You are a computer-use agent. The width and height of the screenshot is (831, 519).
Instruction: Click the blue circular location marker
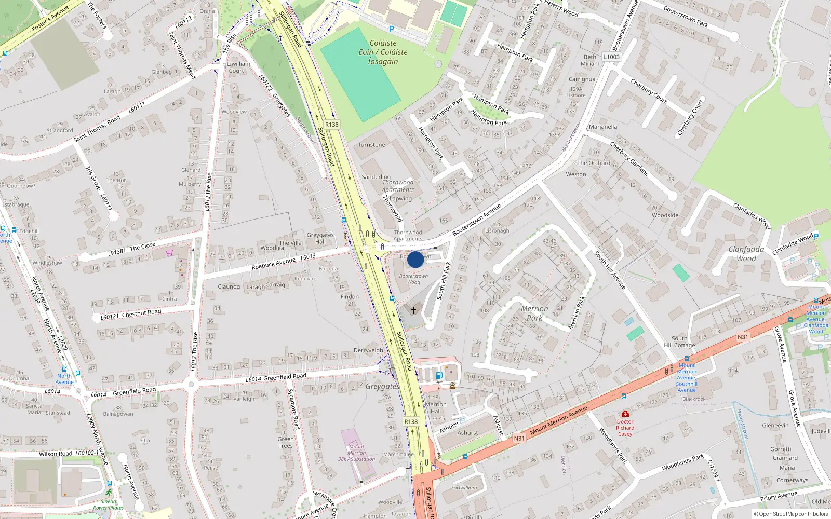click(415, 259)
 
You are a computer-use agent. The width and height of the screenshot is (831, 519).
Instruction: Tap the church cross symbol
click(413, 310)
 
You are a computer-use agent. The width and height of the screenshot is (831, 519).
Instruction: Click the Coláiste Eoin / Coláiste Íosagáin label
click(383, 52)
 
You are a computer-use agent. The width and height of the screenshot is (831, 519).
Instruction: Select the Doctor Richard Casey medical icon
click(625, 414)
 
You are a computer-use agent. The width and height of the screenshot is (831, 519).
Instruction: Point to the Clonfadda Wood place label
click(746, 254)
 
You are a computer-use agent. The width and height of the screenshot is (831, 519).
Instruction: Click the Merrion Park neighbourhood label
click(534, 313)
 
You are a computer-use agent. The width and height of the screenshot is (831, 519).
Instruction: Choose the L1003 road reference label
click(611, 57)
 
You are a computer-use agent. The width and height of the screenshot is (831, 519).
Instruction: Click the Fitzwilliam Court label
click(236, 67)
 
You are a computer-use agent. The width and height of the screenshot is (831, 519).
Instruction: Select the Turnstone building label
click(371, 145)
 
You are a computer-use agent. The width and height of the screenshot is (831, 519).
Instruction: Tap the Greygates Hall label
click(320, 238)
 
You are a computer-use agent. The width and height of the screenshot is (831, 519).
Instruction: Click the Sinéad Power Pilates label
click(109, 504)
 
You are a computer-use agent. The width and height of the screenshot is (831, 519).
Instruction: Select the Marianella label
click(603, 127)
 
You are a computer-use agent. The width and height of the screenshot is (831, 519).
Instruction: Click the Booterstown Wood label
click(413, 279)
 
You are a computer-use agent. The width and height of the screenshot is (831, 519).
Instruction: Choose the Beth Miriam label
click(590, 60)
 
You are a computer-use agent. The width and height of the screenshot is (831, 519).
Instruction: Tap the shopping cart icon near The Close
click(170, 253)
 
